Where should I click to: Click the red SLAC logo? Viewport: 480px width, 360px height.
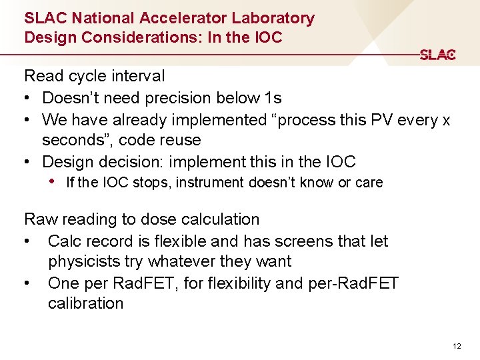[x=437, y=55]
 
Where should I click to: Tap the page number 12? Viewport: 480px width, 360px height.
[x=456, y=346]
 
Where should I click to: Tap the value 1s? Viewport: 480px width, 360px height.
[x=273, y=99]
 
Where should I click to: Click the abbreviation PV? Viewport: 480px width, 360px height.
[x=359, y=120]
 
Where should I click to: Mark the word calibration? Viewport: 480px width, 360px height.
[x=85, y=303]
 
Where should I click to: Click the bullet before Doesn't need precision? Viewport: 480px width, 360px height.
[x=28, y=99]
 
